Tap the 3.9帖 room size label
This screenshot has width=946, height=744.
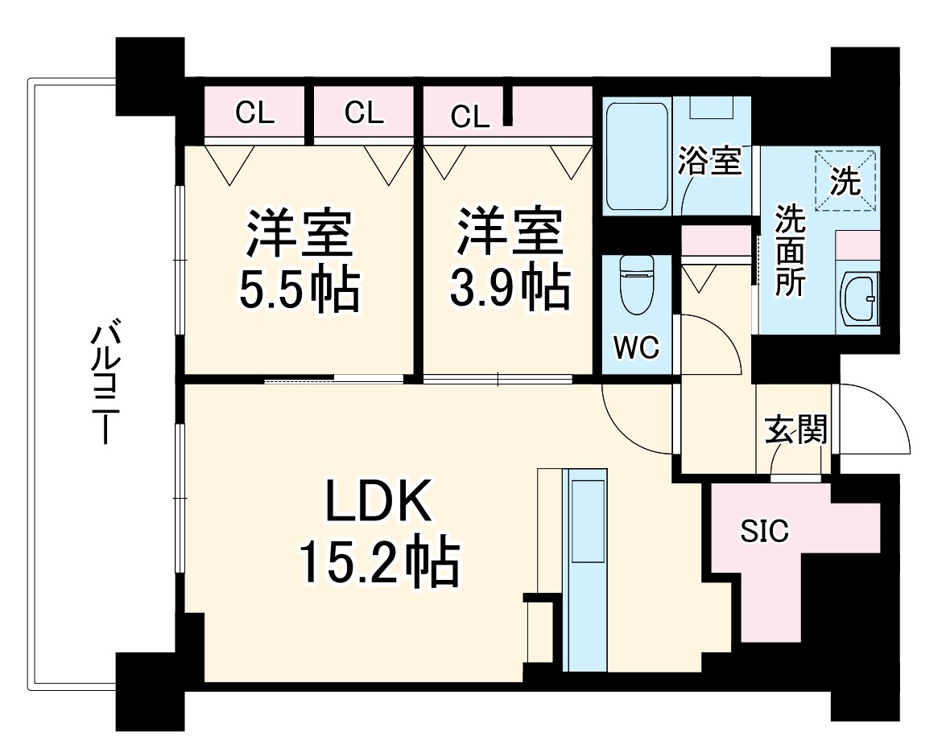(509, 290)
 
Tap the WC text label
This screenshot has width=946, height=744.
(636, 348)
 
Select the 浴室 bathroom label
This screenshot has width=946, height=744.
(708, 162)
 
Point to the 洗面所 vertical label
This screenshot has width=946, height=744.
(789, 251)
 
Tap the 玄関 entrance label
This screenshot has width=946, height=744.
(795, 432)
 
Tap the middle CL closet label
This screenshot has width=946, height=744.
(364, 114)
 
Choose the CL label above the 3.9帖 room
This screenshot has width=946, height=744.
(470, 117)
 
